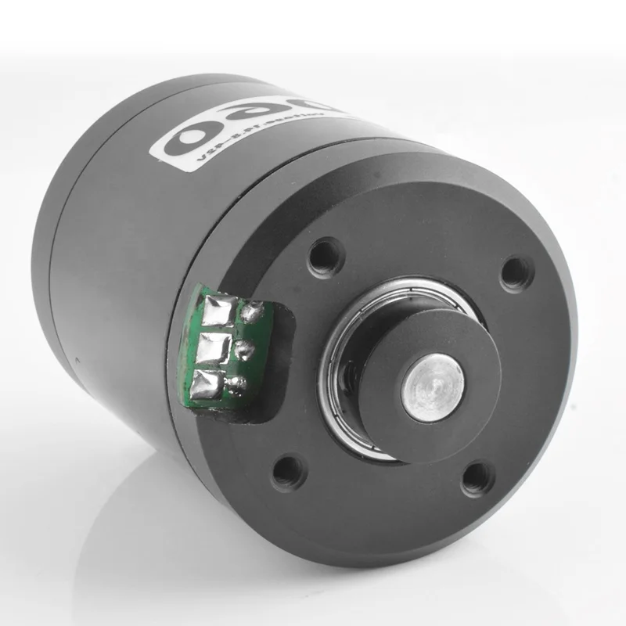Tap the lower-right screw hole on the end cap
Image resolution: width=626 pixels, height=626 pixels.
(477, 477)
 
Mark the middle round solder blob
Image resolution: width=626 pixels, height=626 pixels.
(246, 348)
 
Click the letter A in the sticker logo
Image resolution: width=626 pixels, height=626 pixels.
(254, 117)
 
